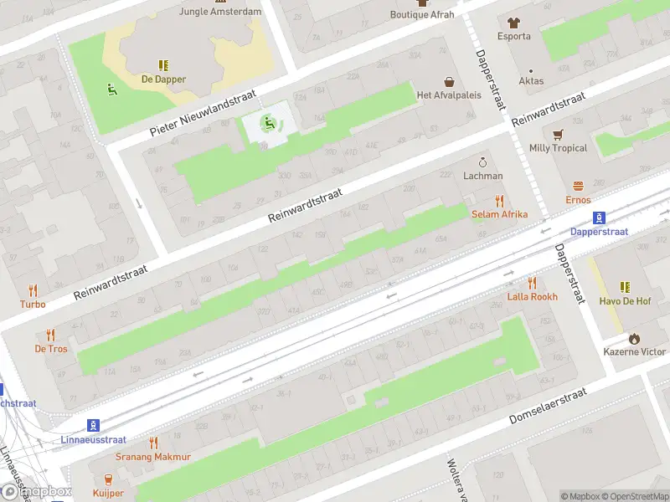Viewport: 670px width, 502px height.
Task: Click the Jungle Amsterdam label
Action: (x=220, y=12)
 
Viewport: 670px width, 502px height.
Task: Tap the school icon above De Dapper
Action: (x=163, y=64)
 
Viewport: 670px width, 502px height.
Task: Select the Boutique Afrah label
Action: (x=422, y=14)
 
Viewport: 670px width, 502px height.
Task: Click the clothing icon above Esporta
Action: (x=513, y=22)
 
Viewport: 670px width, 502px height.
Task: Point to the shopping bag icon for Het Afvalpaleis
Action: (x=450, y=81)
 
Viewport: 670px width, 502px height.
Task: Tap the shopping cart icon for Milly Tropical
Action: (x=558, y=134)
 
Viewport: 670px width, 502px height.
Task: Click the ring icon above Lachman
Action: (x=482, y=161)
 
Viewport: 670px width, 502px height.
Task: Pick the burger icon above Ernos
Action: (x=578, y=186)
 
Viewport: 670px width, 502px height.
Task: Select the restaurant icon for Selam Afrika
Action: (x=500, y=200)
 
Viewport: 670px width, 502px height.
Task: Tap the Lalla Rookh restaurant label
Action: (x=532, y=297)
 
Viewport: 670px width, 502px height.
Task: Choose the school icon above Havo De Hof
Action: (x=625, y=287)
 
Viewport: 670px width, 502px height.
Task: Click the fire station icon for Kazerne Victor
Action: (x=634, y=338)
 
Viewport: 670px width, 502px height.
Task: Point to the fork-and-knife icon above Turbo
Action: (x=33, y=290)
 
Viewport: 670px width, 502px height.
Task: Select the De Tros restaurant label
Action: (x=51, y=348)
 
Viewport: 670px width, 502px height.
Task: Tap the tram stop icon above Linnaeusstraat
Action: (x=93, y=425)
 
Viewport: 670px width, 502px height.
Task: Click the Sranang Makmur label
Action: (x=153, y=457)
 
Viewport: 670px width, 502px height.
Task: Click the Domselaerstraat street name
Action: (x=548, y=405)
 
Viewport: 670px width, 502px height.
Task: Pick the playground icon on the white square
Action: (x=268, y=124)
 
